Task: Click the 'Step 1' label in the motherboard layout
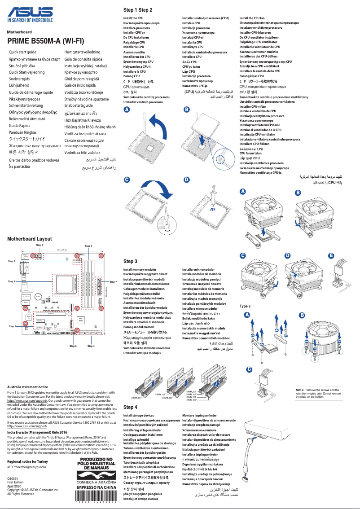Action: pos(11,281)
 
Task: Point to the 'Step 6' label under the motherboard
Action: pos(73,346)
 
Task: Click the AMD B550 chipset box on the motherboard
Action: pos(81,320)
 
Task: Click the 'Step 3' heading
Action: pos(130,261)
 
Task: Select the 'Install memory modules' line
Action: pos(140,270)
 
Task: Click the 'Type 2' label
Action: pos(245,306)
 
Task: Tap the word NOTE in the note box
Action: pos(299,390)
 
